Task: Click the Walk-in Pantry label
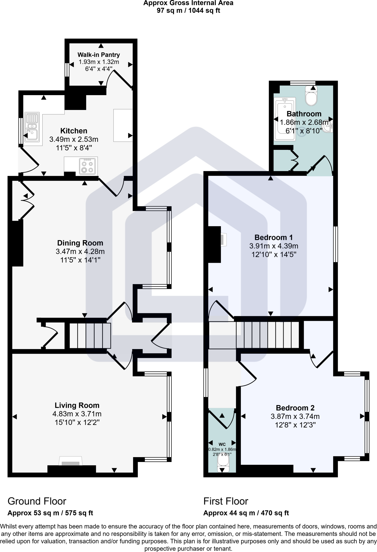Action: [x=99, y=55]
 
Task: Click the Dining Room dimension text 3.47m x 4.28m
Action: [x=80, y=251]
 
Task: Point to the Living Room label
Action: [x=77, y=405]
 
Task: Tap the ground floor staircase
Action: [x=90, y=336]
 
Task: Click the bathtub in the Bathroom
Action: [x=285, y=119]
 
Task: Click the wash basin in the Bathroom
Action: [x=330, y=126]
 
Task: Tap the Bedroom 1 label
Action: [x=274, y=237]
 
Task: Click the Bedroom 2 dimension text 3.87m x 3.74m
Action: [x=295, y=416]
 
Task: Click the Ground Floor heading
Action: [x=37, y=501]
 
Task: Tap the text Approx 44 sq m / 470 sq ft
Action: [x=246, y=513]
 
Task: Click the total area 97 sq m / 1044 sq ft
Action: [x=188, y=11]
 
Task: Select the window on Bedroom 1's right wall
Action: [x=336, y=244]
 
